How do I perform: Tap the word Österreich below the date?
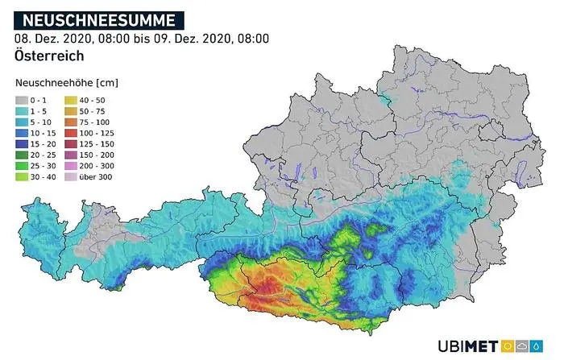[49, 56]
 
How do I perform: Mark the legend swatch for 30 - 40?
[22, 175]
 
